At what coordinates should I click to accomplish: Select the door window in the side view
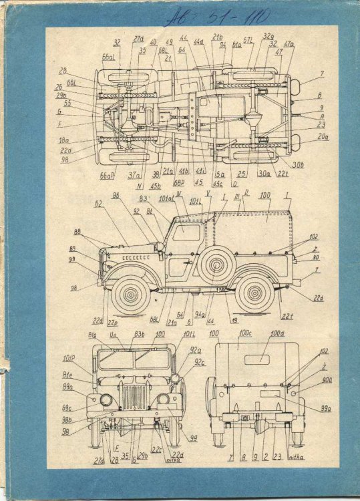(x=186, y=233)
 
